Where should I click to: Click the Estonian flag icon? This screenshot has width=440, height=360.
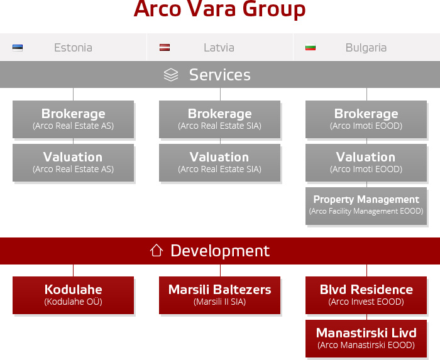(18, 48)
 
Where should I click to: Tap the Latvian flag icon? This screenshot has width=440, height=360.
(165, 47)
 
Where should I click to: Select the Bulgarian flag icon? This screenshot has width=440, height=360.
(311, 48)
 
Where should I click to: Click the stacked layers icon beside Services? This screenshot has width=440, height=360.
(171, 75)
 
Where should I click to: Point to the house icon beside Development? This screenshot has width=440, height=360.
(157, 251)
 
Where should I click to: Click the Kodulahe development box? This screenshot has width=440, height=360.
(74, 295)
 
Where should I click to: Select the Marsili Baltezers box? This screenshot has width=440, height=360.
(220, 295)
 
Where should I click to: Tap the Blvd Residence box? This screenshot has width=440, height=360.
(366, 295)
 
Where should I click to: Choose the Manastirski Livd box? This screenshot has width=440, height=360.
(366, 339)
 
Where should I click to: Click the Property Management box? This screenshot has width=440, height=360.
(366, 206)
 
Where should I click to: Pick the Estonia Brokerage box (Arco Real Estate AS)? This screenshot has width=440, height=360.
(74, 119)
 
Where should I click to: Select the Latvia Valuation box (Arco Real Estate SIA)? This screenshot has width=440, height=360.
(220, 163)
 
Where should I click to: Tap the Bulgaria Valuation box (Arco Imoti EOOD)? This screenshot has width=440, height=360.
(366, 163)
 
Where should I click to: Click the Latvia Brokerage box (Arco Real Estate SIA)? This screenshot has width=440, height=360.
(220, 119)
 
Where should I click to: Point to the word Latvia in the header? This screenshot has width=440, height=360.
(219, 48)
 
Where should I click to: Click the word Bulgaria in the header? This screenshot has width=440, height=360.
(366, 48)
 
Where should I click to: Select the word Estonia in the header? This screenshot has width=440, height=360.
(74, 48)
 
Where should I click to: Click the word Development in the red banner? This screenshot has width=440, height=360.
(220, 251)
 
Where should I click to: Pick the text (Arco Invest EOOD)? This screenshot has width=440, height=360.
(366, 302)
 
